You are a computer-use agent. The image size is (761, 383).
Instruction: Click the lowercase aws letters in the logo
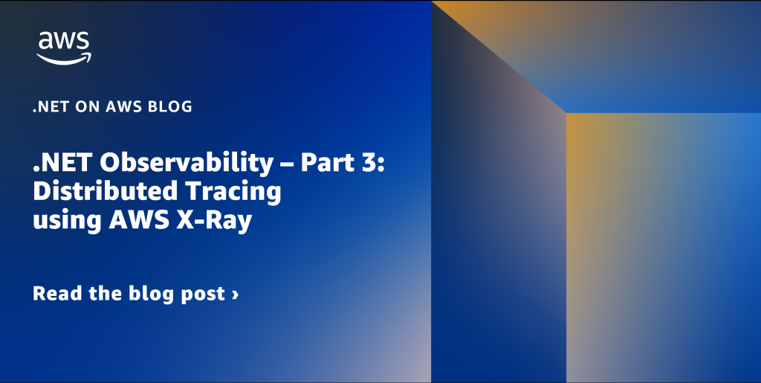64,42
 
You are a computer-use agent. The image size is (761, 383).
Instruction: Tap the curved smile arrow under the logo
64,59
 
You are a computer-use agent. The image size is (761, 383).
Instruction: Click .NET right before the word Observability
63,163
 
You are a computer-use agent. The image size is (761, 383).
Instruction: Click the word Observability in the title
187,164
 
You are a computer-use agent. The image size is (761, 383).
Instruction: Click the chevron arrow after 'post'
236,295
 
